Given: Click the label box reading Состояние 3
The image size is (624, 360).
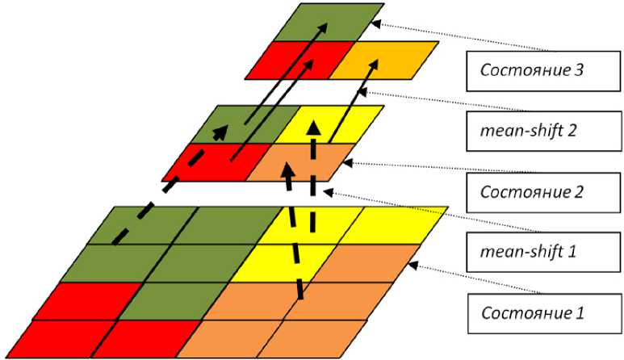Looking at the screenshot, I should click(x=533, y=70).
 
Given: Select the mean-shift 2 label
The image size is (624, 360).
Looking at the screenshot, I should click(x=533, y=131).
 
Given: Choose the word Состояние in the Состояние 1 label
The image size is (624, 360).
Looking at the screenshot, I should click(x=517, y=311).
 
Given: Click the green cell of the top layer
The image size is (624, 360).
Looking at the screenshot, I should click(x=327, y=22).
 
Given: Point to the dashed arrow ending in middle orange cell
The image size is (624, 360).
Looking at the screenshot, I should click(x=294, y=234).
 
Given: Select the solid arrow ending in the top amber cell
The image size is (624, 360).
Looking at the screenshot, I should click(x=347, y=113).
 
